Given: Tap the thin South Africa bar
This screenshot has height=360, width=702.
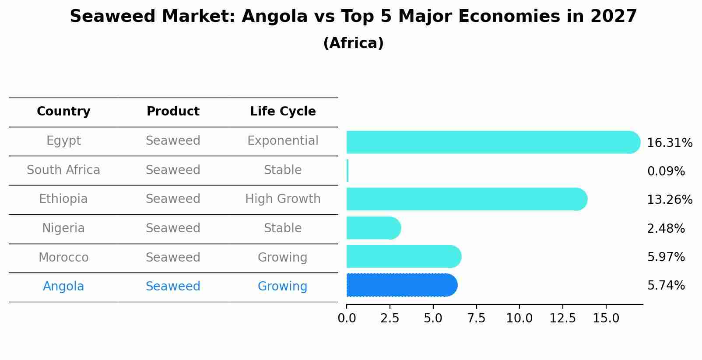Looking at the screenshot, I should [x=347, y=171].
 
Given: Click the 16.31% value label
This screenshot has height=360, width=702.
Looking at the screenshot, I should [x=669, y=143].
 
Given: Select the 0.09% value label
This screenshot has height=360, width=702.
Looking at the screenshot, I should [x=666, y=171].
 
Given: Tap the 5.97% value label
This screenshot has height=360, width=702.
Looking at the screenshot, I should [x=666, y=257].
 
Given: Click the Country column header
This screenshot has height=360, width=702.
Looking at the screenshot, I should [x=63, y=112].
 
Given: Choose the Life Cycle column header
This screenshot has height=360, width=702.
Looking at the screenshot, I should [x=283, y=112].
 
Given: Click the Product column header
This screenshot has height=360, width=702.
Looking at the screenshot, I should [x=173, y=112].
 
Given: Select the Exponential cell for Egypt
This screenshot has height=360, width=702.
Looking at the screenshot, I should [x=283, y=141].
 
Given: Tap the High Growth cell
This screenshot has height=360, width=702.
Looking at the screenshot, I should [x=283, y=199].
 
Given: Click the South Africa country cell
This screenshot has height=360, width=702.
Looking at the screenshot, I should [x=63, y=170].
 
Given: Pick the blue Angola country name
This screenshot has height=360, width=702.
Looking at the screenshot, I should [x=63, y=287].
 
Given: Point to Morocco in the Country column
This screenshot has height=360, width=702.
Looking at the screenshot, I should [x=63, y=257].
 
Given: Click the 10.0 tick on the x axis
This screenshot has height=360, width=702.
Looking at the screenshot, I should [x=519, y=318].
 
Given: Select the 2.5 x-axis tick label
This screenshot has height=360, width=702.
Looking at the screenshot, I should [x=390, y=318].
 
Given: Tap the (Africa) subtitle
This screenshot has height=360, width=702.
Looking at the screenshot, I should [x=353, y=43].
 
